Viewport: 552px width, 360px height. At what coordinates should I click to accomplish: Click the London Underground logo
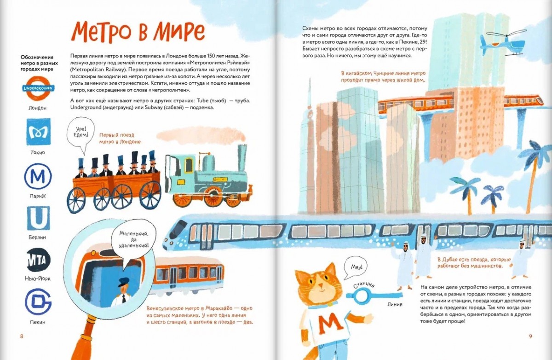point(38,88)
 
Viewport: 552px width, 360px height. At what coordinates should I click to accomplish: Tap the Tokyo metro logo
point(38,132)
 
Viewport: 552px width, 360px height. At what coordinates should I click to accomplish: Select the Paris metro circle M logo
point(38,177)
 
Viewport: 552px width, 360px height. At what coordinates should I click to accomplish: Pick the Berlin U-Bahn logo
point(38,218)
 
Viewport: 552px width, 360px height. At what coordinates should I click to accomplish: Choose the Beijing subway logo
point(38,302)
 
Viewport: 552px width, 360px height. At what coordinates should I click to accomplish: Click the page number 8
point(22,336)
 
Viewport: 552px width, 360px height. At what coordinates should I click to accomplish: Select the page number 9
point(530,336)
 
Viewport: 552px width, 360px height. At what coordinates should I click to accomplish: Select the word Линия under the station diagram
point(395,304)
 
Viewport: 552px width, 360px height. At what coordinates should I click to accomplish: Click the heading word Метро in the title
point(98,31)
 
